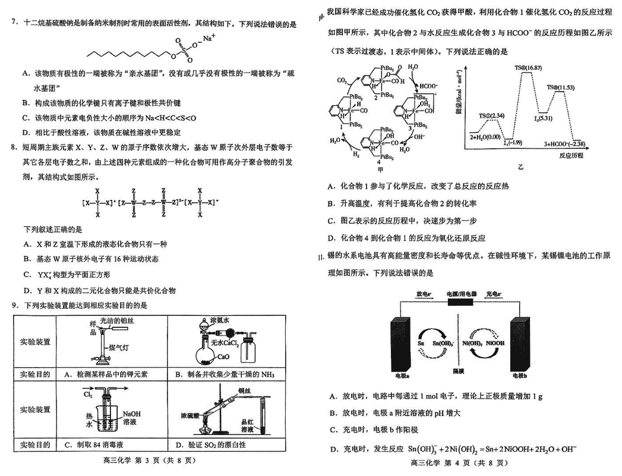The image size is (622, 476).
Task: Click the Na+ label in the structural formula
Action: coord(209,39)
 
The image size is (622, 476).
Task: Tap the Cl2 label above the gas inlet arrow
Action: coord(88,394)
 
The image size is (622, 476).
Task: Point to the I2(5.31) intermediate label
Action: coord(544,118)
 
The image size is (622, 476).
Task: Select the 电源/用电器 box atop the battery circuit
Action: coord(457,294)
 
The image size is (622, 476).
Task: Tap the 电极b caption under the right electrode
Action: coord(521,376)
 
